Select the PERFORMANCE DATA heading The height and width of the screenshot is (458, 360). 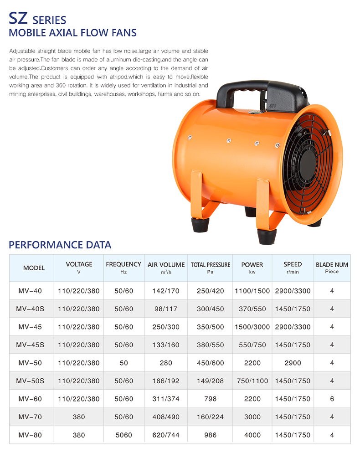60,245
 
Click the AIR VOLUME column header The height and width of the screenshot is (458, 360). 166,265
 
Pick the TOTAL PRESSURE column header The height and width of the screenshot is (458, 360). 210,265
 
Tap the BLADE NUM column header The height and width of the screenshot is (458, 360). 332,265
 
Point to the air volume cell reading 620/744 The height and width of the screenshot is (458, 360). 166,435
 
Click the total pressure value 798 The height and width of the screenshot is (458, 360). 210,399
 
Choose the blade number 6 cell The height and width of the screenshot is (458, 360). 332,399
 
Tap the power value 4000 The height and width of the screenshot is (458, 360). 252,435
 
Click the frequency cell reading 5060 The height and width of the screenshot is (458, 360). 123,435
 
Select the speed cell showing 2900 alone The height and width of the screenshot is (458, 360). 293,363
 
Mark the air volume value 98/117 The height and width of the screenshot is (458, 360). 166,309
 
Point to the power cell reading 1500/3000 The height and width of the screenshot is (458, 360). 252,327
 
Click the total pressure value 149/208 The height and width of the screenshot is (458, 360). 210,381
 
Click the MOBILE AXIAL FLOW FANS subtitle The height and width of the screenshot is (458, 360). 73,33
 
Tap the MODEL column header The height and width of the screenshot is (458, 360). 34,268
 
